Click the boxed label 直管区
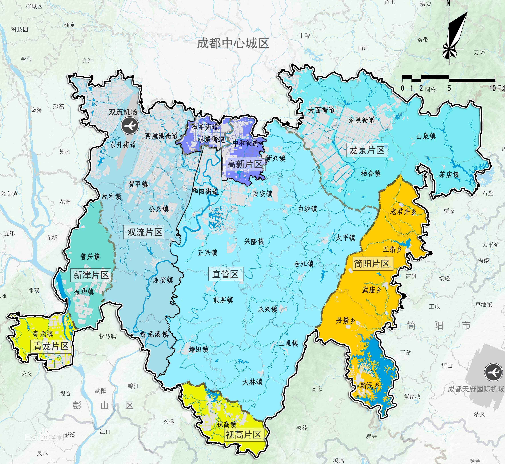pos(225,274)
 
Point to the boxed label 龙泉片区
pos(367,150)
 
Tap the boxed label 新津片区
pos(91,275)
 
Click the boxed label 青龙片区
pos(51,346)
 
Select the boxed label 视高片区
pos(243,435)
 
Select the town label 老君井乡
pos(403,212)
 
